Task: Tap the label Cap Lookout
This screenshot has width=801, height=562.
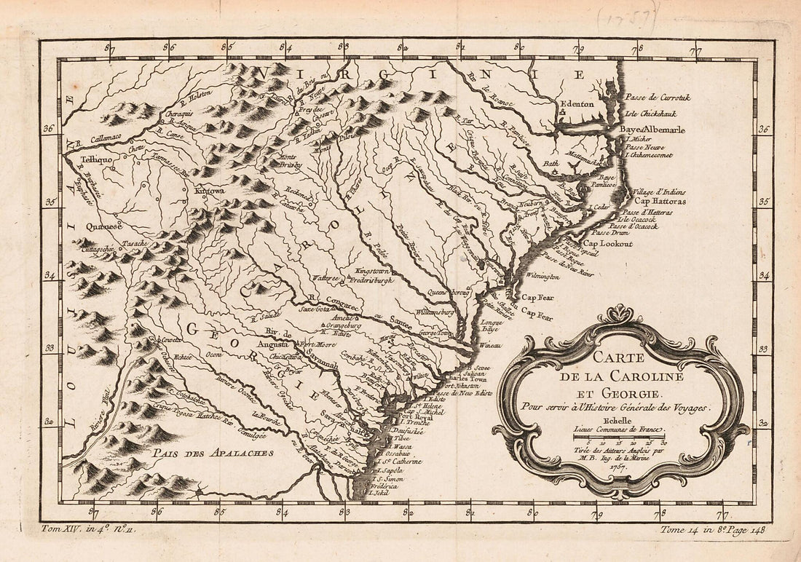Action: (x=607, y=244)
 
